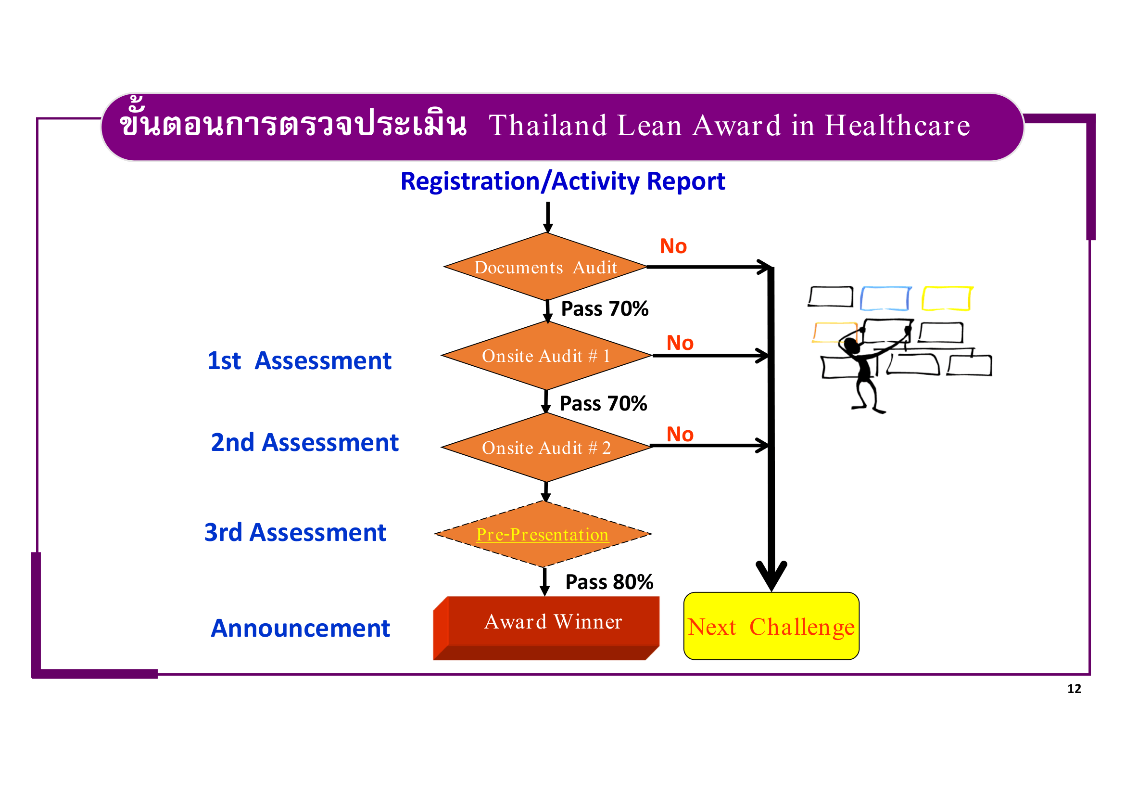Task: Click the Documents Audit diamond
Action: (x=545, y=267)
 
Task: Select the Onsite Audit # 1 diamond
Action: (x=546, y=356)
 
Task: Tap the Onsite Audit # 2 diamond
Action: (x=546, y=448)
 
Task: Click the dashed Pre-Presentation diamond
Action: (x=543, y=534)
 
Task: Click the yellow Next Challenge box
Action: (x=771, y=627)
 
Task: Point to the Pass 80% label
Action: (x=609, y=582)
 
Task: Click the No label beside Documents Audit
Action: (x=673, y=246)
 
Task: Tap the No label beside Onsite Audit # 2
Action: (x=680, y=434)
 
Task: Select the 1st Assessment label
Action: (x=299, y=361)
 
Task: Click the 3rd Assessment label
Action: (x=295, y=533)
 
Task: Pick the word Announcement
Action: (x=300, y=629)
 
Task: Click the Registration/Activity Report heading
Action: (x=563, y=181)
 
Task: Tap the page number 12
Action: (x=1074, y=689)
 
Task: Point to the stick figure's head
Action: (x=852, y=346)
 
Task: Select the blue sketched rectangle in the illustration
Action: (x=885, y=298)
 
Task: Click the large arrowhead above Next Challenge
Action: (x=771, y=576)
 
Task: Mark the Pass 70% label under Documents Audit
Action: (x=604, y=309)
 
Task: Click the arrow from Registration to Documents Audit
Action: (x=548, y=217)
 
